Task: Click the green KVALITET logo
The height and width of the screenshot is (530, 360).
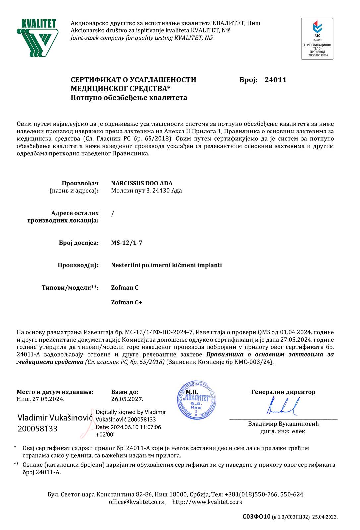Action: [37, 38]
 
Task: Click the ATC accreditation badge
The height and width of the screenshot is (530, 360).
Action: [317, 39]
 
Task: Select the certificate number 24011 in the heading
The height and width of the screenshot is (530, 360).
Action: [275, 80]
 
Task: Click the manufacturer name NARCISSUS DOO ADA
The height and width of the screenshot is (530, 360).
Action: [142, 183]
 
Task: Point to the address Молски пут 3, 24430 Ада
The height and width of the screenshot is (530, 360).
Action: [146, 191]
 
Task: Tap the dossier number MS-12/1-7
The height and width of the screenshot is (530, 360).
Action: [127, 243]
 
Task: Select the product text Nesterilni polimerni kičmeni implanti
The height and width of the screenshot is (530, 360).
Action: [166, 265]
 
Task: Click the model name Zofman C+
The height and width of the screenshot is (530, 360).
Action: [126, 302]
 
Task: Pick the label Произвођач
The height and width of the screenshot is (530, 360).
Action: [80, 183]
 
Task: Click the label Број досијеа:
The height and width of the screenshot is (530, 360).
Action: [79, 243]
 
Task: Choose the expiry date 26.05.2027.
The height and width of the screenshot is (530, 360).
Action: [127, 399]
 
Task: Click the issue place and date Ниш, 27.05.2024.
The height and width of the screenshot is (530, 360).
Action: [40, 399]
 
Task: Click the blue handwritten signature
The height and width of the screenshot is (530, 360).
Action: [283, 406]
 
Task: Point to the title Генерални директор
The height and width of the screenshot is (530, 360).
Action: [283, 392]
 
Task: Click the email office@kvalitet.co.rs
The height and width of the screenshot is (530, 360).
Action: [137, 502]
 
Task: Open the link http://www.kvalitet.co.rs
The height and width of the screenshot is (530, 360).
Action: [207, 502]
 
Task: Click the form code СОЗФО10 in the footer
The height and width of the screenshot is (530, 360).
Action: [256, 517]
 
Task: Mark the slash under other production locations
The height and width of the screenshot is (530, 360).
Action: [113, 213]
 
